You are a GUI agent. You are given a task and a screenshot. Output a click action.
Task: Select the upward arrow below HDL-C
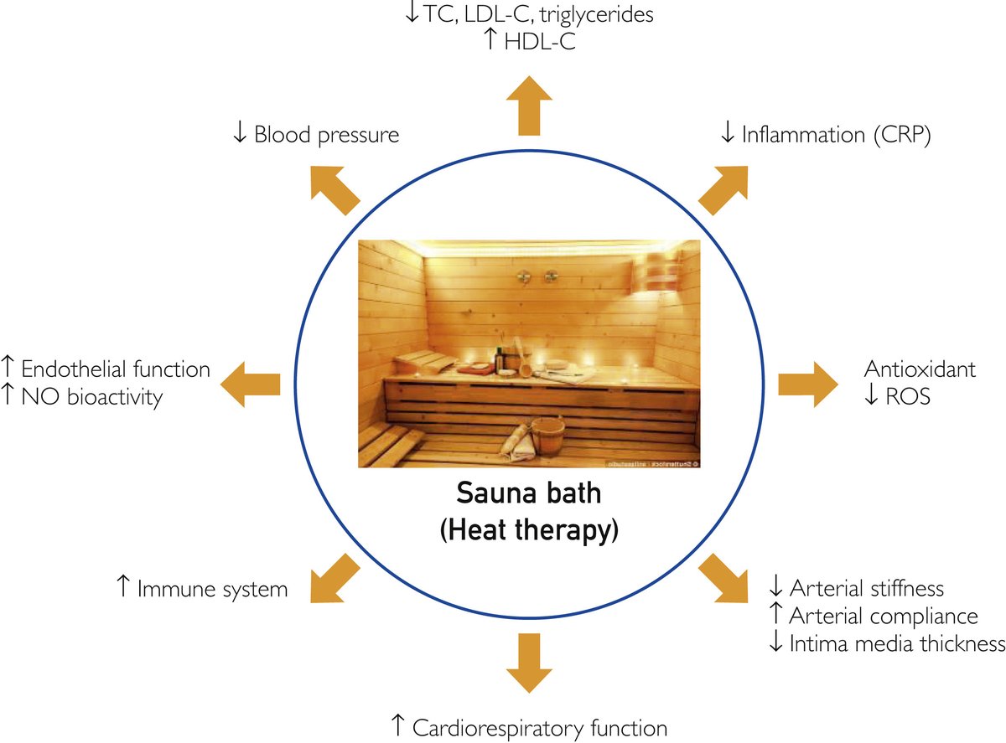[x=528, y=106]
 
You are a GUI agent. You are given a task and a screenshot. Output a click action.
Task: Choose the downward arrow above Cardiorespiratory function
[x=528, y=663]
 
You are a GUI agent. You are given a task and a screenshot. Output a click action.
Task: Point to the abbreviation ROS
[x=907, y=396]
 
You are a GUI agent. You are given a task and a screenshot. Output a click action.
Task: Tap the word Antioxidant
[x=920, y=369]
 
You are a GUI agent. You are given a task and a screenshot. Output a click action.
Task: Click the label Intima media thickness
[x=897, y=643]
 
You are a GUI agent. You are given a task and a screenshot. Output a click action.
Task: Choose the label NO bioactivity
[x=92, y=396]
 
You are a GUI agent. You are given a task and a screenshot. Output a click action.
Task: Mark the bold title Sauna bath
[x=528, y=493]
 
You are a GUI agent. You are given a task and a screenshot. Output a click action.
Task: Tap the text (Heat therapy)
[x=528, y=530]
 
